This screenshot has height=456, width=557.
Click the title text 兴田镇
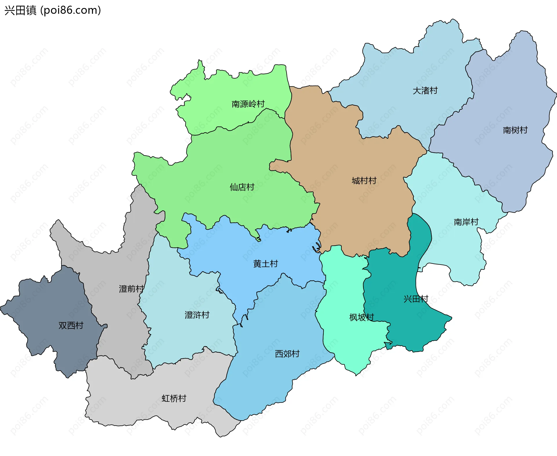point(20,10)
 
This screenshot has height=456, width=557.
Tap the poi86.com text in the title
point(70,10)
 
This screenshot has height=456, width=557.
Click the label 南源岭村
point(248,104)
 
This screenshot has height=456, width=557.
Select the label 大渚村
point(425,91)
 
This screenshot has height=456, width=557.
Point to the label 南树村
point(515,130)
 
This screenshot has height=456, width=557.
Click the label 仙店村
point(242,187)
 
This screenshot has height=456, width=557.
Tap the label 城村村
point(364,181)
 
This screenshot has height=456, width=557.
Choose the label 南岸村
point(466,222)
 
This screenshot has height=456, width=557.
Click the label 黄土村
point(265,264)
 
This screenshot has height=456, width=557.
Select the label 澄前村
point(131,289)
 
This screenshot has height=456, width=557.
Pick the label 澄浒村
point(197,315)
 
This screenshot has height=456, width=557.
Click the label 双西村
point(71,325)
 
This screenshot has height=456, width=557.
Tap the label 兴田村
point(416,299)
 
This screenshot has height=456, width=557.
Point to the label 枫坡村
point(361,317)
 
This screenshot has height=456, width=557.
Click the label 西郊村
point(287,354)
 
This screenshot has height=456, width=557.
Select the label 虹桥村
point(174,398)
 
